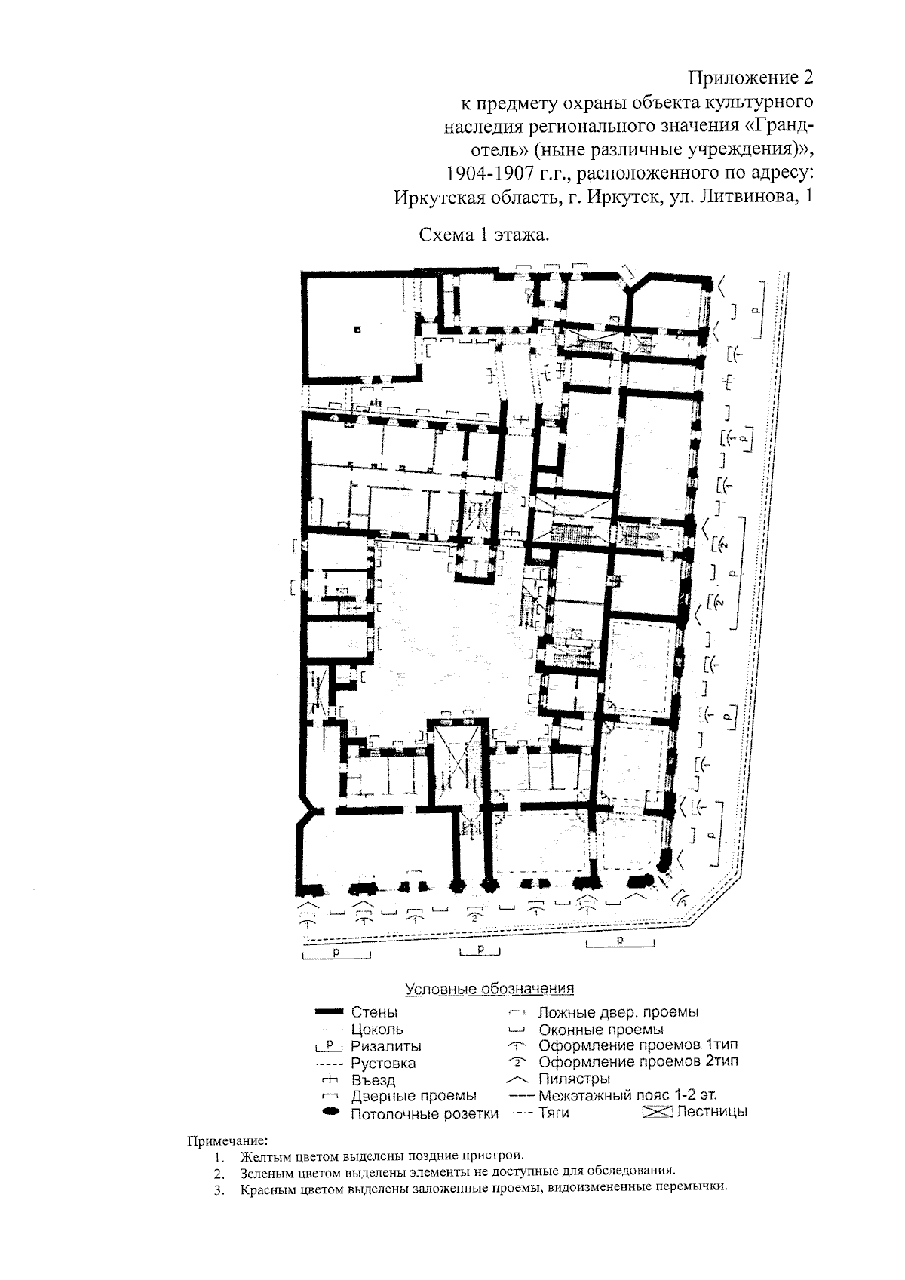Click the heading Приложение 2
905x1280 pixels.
point(750,77)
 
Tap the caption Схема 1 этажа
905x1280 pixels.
point(484,235)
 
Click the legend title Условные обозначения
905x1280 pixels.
point(489,989)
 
